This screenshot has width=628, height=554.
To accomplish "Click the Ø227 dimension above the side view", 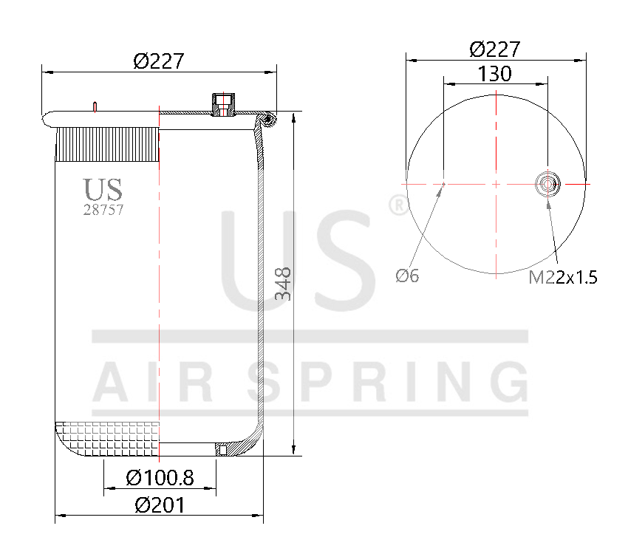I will [x=158, y=62].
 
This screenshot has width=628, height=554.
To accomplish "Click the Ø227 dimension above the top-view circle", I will [x=495, y=49].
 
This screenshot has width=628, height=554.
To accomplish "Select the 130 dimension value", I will [x=495, y=74].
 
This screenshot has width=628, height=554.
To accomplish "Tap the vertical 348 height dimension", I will [x=284, y=284].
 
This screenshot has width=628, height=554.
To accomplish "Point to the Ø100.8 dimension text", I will [x=160, y=478].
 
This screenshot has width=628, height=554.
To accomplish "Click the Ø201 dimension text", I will [x=160, y=505].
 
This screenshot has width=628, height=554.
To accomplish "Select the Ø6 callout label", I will [x=407, y=276].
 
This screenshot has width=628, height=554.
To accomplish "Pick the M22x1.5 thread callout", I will [x=562, y=278].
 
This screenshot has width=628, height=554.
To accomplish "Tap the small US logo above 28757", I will [x=102, y=190].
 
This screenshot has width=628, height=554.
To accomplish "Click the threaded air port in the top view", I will [x=547, y=182].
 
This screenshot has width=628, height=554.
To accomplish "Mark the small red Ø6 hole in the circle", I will [x=443, y=183].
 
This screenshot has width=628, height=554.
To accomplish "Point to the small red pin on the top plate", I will [x=95, y=106].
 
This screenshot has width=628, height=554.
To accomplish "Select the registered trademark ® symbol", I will [x=396, y=205].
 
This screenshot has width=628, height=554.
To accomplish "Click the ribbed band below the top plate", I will [x=107, y=144].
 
